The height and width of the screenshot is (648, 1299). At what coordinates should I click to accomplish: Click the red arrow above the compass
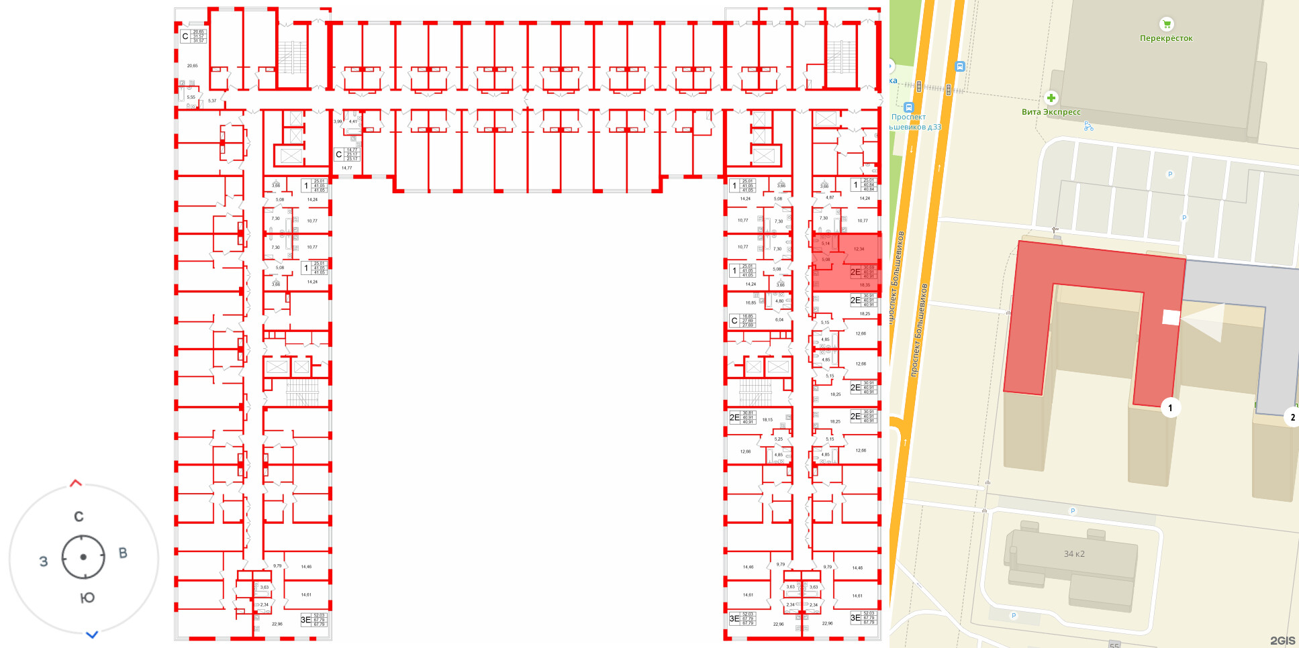(x=76, y=483)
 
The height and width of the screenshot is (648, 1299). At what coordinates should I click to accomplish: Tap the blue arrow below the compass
(x=92, y=634)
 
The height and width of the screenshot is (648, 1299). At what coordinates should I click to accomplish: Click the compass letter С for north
(x=79, y=517)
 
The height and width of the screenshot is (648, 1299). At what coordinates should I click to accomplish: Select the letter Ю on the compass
(x=87, y=598)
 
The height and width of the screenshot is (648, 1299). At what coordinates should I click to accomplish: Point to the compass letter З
(x=44, y=561)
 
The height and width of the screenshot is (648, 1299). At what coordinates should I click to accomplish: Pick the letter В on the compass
(x=123, y=553)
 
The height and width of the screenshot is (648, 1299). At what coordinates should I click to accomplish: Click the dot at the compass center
(x=83, y=557)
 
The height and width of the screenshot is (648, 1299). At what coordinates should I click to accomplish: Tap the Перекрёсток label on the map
(x=1166, y=38)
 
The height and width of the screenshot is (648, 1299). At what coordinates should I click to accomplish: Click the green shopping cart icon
(x=1167, y=24)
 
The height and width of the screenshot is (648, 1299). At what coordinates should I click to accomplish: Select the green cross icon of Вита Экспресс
(x=1051, y=98)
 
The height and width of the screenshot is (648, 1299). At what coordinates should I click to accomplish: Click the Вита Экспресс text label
(x=1051, y=112)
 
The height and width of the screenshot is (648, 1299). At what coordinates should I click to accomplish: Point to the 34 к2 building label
(x=1074, y=554)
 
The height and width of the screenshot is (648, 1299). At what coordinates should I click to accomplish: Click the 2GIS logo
(x=1282, y=641)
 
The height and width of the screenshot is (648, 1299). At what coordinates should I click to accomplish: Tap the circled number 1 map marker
(x=1170, y=408)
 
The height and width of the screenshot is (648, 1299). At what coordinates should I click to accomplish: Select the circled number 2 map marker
(x=1292, y=417)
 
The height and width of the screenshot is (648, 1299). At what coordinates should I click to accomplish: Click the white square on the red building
(x=1171, y=317)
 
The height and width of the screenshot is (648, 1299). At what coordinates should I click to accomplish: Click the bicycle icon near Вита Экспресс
(x=1088, y=126)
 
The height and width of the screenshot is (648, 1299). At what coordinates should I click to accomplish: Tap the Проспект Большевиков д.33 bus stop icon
(x=908, y=107)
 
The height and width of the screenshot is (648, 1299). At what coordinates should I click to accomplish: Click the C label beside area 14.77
(x=339, y=154)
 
